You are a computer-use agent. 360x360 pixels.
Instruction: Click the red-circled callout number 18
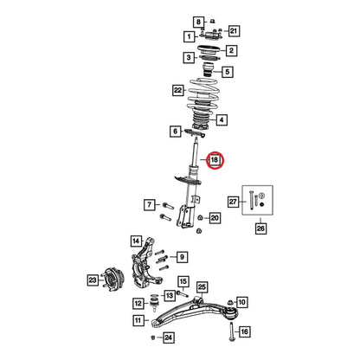tap(215, 160)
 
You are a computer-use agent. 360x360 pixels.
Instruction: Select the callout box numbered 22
tap(178, 90)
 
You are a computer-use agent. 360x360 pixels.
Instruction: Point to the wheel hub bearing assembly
tap(113, 280)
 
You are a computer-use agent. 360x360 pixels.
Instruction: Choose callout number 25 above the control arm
tap(202, 287)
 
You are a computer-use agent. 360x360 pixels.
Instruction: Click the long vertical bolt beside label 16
tap(232, 331)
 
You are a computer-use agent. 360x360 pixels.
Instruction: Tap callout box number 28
tap(260, 228)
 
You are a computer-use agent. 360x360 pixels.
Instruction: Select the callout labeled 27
tap(233, 202)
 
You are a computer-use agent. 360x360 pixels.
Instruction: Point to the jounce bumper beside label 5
tap(209, 70)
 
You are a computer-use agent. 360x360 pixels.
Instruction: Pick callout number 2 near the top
tap(231, 51)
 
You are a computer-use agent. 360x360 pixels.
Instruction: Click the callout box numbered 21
tap(234, 31)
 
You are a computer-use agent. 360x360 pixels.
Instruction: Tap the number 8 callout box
tap(198, 22)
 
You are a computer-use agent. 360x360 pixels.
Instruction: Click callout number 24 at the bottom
tap(169, 337)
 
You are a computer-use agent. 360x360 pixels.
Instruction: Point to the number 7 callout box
tap(150, 205)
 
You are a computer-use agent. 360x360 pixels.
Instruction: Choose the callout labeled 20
tap(215, 218)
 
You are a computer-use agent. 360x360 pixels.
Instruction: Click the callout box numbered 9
tap(182, 257)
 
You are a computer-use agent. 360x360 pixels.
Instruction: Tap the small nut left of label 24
tap(153, 337)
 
